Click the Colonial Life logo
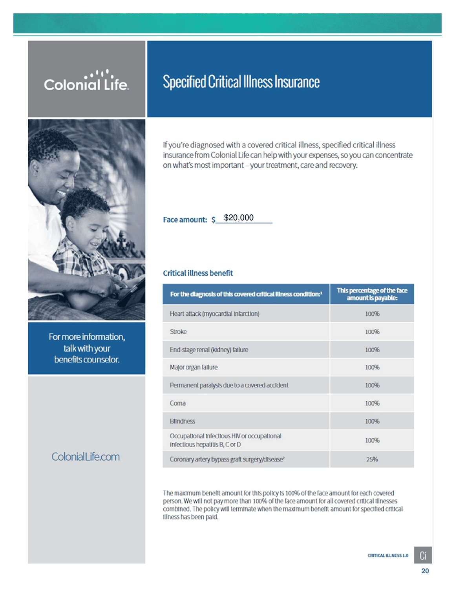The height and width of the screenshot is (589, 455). (86, 81)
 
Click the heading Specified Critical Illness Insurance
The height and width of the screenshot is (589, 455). (241, 82)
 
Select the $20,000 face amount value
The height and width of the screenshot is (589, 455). (239, 218)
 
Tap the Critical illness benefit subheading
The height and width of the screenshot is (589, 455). (198, 273)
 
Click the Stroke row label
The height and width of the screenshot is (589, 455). (178, 332)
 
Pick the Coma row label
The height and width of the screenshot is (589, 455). (178, 403)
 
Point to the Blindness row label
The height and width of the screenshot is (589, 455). (183, 421)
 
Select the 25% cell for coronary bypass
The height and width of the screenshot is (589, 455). (372, 459)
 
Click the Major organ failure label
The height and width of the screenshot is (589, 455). (194, 368)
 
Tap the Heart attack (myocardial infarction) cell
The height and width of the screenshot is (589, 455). (214, 314)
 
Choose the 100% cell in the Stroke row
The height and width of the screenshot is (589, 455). (372, 332)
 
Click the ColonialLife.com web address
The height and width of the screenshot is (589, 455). (86, 457)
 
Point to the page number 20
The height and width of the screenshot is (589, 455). (425, 571)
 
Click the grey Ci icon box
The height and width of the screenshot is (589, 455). (423, 555)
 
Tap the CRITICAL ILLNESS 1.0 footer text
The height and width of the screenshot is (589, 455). (388, 556)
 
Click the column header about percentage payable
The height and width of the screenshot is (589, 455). (372, 294)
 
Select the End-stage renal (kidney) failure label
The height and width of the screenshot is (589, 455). (209, 350)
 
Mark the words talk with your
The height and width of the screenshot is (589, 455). (87, 348)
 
